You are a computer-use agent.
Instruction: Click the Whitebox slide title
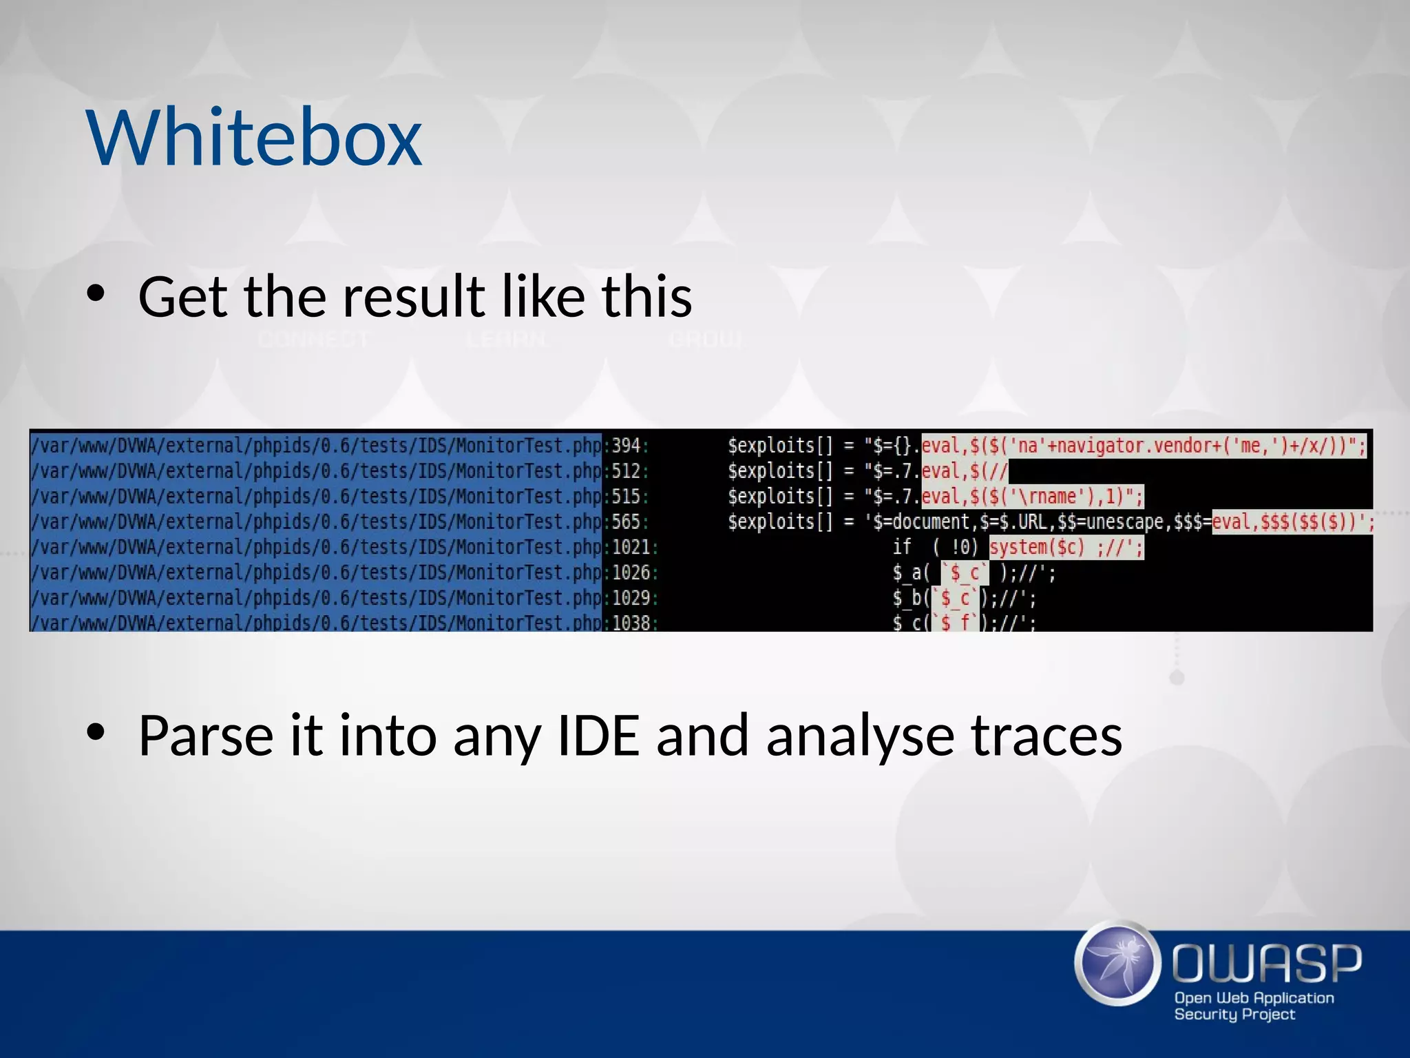[254, 138]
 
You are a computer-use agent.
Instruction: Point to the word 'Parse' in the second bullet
[206, 736]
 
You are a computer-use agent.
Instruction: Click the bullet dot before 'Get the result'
[96, 295]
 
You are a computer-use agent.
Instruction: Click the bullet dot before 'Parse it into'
[96, 733]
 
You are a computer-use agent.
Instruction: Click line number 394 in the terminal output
[626, 446]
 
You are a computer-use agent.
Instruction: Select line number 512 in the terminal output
[626, 471]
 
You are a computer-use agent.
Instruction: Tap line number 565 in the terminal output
[626, 521]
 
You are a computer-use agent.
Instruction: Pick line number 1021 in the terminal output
[631, 547]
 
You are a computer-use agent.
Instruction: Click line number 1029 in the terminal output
[631, 598]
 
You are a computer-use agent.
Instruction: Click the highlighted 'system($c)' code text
[1037, 548]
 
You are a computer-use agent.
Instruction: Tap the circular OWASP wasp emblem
[1117, 963]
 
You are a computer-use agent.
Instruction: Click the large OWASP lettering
[1267, 963]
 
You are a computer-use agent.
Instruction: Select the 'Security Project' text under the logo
[1234, 1014]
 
